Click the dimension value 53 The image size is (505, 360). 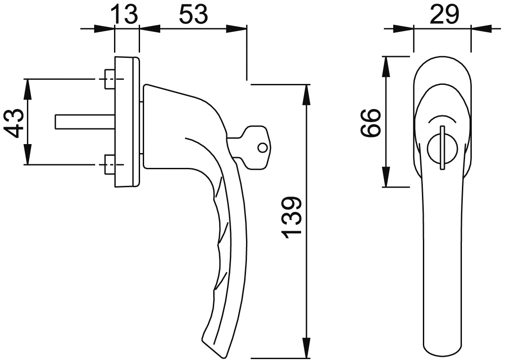coord(193,15)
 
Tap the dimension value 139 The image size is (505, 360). coord(291,218)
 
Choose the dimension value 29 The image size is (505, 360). coord(444,15)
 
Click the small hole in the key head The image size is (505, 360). coord(262,148)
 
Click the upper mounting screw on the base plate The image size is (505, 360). coord(110,79)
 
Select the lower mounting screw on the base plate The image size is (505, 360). coord(110,165)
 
